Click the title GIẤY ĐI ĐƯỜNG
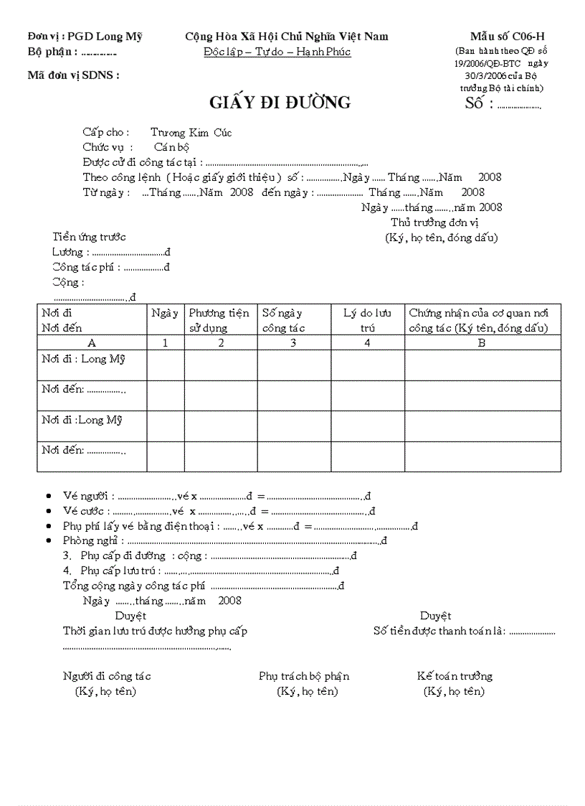coord(280,103)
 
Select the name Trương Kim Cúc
coord(191,132)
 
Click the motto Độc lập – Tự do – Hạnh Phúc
coord(277,52)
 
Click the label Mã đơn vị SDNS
coord(73,75)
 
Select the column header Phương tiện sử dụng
coord(219,320)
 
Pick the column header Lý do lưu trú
coord(367,320)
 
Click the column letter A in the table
coord(91,342)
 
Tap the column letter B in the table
coord(482,342)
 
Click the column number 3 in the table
coord(293,342)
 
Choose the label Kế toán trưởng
coord(455,675)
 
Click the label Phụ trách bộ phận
coord(304,675)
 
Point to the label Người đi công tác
coord(107,675)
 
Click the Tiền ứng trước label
coord(89,237)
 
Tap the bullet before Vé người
coord(48,496)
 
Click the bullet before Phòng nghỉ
coord(48,541)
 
